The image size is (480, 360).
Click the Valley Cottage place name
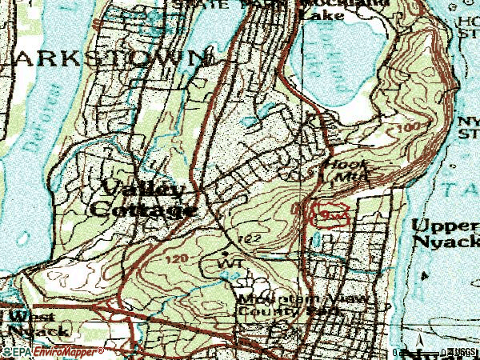pyautogui.click(x=144, y=200)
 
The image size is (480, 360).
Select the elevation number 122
pyautogui.click(x=248, y=239)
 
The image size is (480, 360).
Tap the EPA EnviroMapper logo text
pyautogui.click(x=52, y=352)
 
